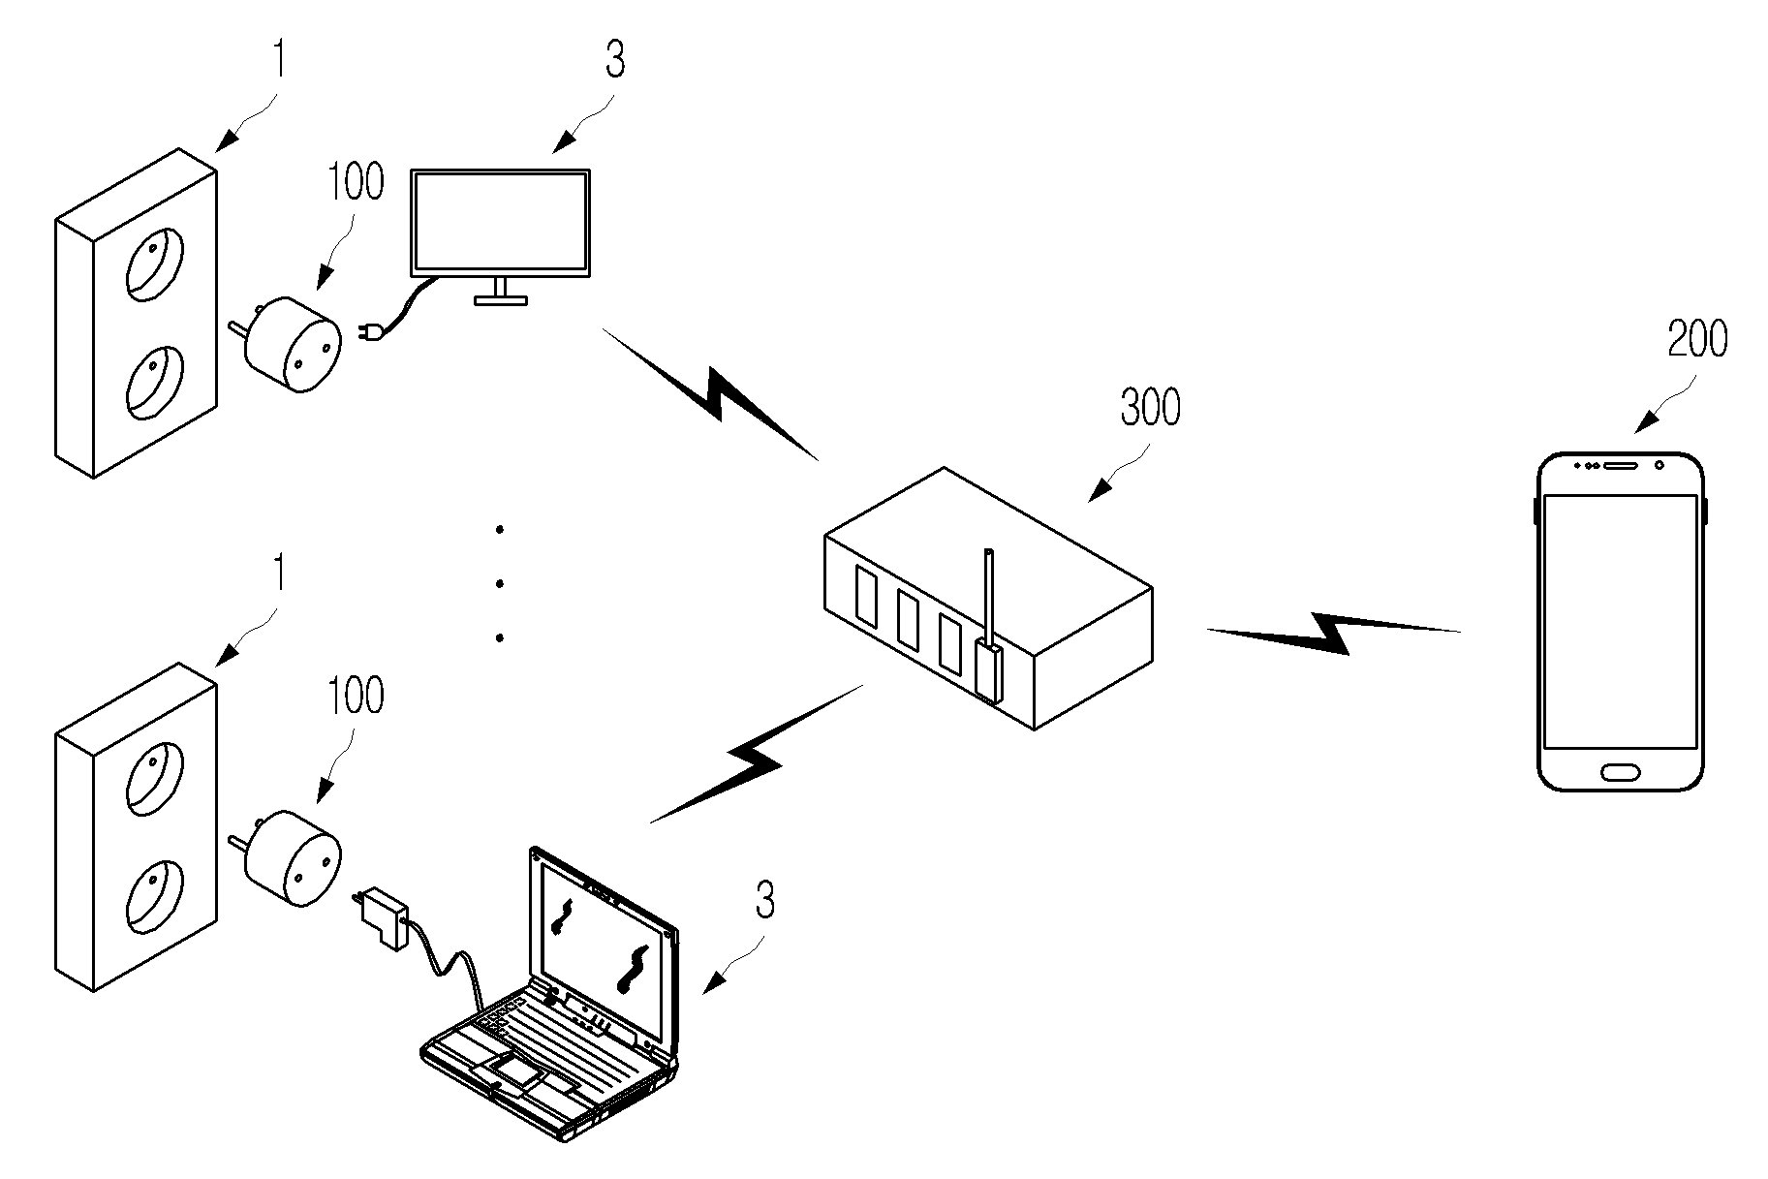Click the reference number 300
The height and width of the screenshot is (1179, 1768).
pos(1150,409)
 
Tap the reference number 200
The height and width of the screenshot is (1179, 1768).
pos(1697,340)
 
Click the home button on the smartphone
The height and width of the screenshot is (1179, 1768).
pos(1621,772)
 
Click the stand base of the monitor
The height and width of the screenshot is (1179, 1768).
pos(501,300)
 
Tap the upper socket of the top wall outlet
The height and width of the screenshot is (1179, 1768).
pos(154,262)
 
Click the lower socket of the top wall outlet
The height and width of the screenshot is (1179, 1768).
pos(154,385)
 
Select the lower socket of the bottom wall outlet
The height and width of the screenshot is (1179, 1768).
pos(154,899)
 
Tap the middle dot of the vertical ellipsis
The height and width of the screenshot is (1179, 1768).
pos(500,583)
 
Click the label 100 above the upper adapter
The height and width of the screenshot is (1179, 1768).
pos(356,182)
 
